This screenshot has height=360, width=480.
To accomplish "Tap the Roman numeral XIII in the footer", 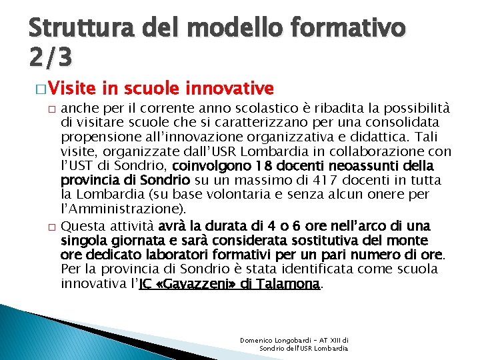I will pyautogui.click(x=341, y=340).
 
